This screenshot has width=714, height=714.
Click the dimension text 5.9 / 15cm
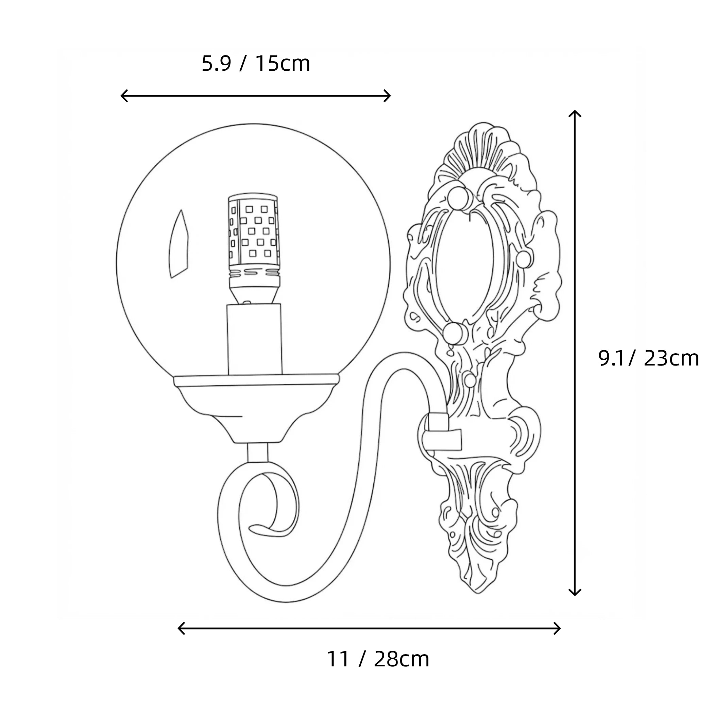click(x=256, y=64)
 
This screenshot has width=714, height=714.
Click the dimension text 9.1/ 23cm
click(x=649, y=358)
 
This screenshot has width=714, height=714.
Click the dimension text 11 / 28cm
click(x=378, y=659)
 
